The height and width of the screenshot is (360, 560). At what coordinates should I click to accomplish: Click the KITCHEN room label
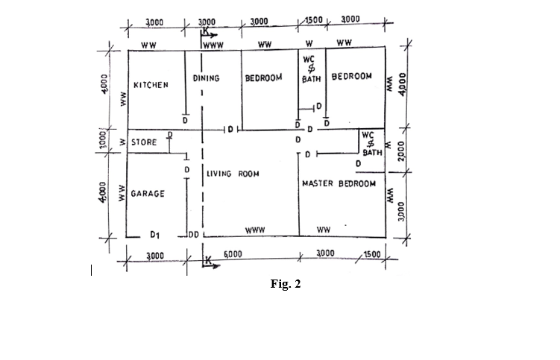(151, 85)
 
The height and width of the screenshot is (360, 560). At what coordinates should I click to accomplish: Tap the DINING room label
(206, 78)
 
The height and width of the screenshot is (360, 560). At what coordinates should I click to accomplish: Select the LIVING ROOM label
(233, 174)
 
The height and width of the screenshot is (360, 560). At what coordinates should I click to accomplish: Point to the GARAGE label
(148, 194)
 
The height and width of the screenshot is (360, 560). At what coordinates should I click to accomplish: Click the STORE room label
(144, 142)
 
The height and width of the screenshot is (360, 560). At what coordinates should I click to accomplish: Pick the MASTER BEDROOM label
(339, 183)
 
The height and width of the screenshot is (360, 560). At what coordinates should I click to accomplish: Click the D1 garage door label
(154, 235)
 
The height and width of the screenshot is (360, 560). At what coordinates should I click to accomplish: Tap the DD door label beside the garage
(194, 235)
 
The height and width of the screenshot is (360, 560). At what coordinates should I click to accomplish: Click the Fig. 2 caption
(286, 284)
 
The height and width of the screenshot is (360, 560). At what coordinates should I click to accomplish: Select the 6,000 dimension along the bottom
(233, 254)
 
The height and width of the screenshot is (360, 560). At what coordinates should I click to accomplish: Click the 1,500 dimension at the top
(313, 20)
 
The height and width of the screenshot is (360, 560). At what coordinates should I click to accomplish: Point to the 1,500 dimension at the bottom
(372, 254)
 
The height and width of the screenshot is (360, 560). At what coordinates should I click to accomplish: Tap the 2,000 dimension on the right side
(401, 151)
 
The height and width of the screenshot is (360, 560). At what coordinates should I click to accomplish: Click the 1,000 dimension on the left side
(103, 139)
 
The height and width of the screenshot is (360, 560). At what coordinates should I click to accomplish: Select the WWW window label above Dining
(213, 45)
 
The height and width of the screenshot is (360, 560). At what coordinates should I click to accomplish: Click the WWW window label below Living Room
(255, 230)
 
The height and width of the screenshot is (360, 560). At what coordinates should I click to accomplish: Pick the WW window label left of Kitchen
(123, 99)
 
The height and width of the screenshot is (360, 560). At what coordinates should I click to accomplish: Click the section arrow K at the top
(209, 33)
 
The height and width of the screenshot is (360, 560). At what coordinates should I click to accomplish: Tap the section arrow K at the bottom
(211, 262)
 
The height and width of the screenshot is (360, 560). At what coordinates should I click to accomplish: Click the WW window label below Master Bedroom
(324, 230)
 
